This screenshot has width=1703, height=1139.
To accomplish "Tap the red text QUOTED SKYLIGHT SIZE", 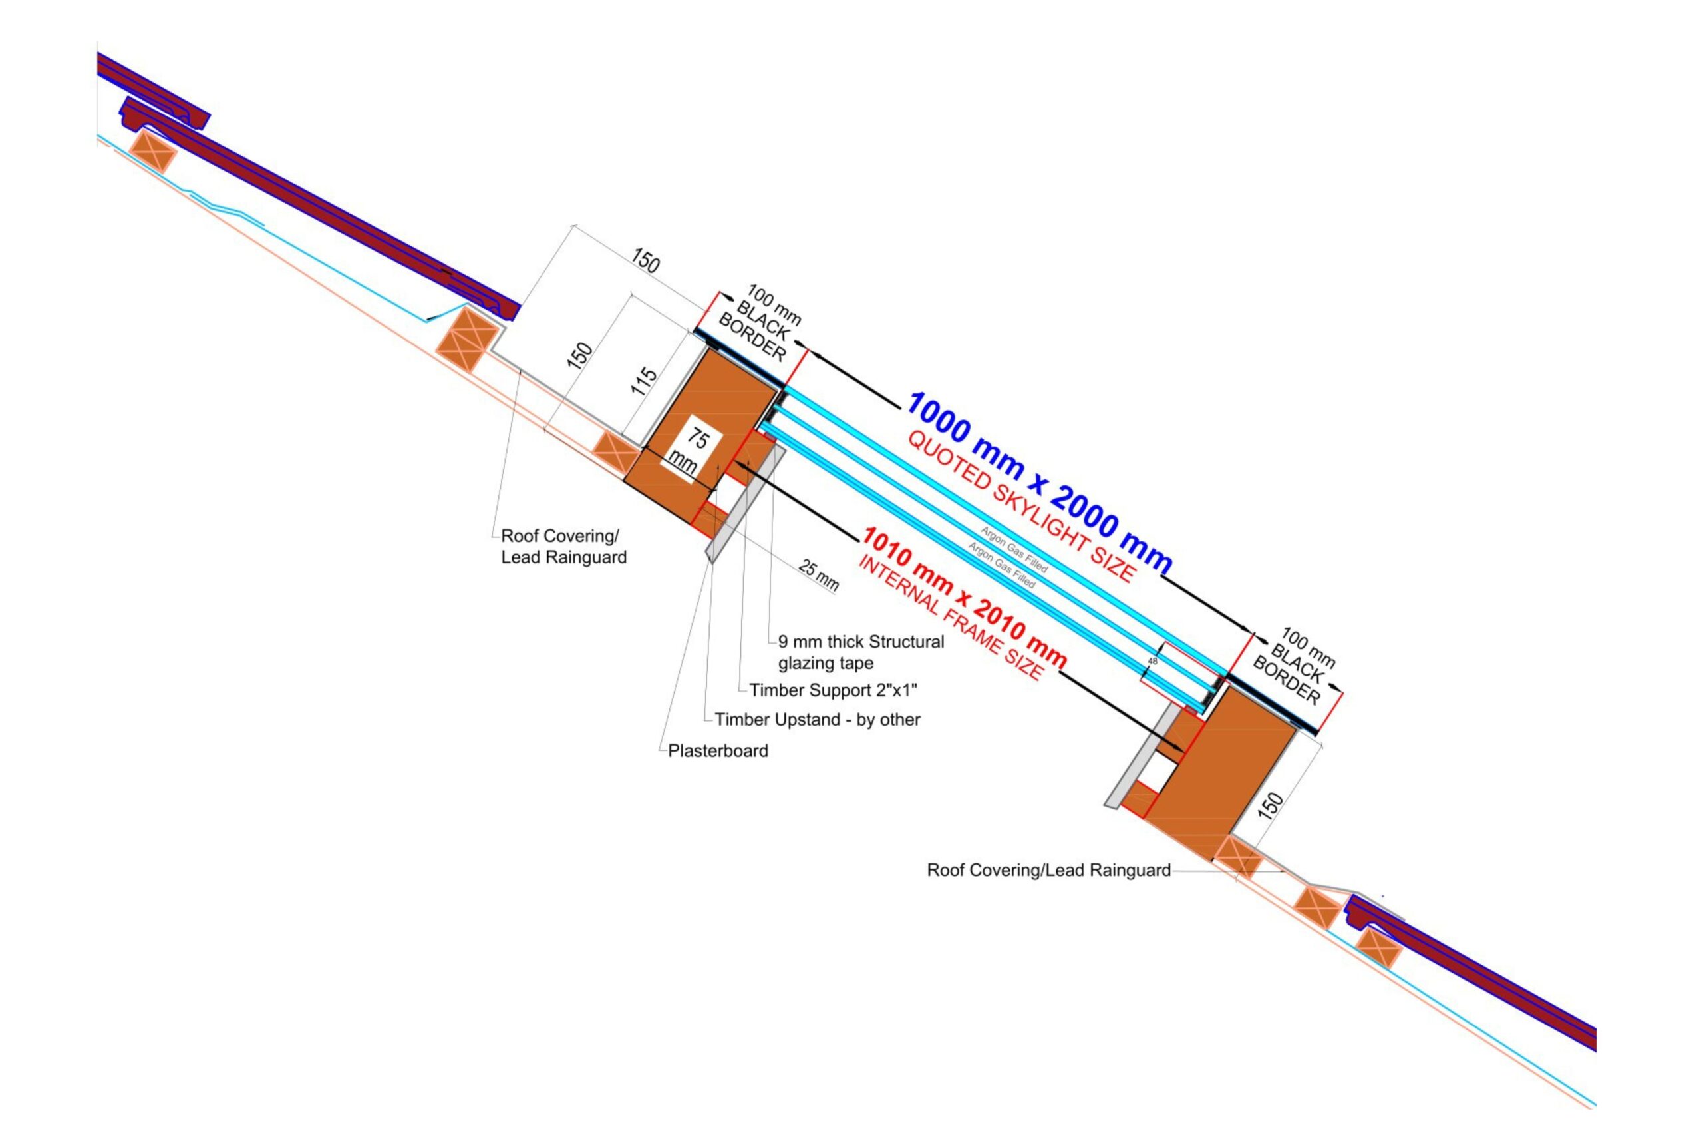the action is coord(1020,507).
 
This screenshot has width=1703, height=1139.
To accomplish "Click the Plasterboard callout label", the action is coord(718,750).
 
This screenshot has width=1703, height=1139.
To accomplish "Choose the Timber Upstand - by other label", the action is coord(818,719).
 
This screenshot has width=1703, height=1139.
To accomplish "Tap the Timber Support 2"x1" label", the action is coord(833,690).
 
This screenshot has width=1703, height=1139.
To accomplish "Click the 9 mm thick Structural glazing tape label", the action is coord(861,652).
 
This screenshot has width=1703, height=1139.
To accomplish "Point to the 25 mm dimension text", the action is coord(819,574).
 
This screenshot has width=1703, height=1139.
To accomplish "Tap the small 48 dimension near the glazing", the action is coord(1152,661).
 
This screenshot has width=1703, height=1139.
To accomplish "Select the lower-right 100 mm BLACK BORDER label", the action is coord(1295,666).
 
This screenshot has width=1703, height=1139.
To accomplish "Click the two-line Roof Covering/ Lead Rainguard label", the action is coord(563,547).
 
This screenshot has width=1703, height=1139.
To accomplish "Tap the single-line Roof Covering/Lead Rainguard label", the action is coord(1048,870).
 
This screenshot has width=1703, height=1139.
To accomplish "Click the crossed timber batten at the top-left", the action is coord(153,152).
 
